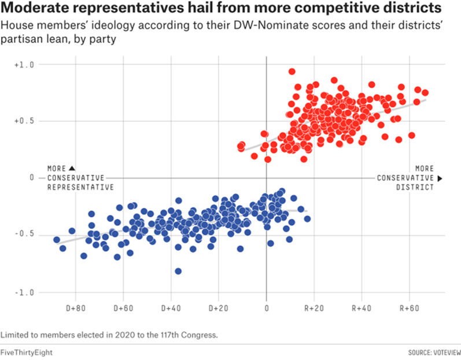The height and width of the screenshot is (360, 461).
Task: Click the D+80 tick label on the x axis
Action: click(76, 307)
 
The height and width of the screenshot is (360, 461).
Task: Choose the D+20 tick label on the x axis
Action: click(219, 307)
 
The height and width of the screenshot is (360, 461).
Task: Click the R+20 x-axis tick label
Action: click(314, 307)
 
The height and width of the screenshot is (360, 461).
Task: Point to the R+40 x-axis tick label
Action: click(362, 307)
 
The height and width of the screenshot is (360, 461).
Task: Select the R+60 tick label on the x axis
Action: click(410, 307)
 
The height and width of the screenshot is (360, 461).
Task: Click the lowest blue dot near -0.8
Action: click(178, 271)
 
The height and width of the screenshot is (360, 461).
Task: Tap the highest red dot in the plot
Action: click(292, 72)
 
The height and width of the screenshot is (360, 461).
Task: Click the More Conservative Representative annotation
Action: click(80, 177)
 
